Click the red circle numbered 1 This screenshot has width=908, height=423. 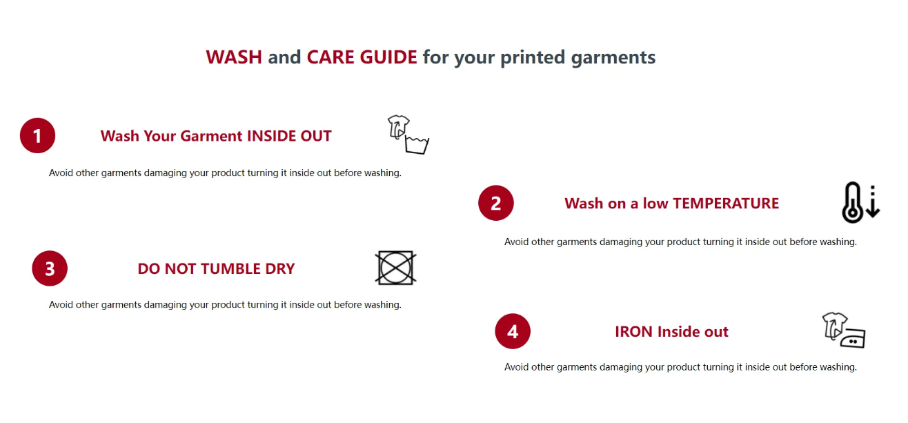[x=37, y=135]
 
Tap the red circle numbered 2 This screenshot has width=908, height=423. [x=496, y=203]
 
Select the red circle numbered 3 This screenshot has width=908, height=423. [x=50, y=268]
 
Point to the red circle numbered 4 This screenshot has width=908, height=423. [x=513, y=331]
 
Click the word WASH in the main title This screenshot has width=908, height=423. [x=234, y=57]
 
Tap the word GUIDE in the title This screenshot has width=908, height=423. [x=388, y=57]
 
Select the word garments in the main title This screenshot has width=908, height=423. [x=613, y=57]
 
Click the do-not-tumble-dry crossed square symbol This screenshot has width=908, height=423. [x=395, y=268]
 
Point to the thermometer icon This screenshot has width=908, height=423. [x=852, y=202]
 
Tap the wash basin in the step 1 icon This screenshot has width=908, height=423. [x=417, y=145]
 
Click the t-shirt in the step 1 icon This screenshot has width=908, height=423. [x=398, y=127]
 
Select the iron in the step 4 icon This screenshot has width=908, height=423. [x=853, y=338]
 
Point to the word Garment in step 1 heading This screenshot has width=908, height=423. [x=211, y=136]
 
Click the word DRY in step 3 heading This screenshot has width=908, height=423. [x=280, y=268]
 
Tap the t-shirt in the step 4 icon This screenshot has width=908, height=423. [x=834, y=325]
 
